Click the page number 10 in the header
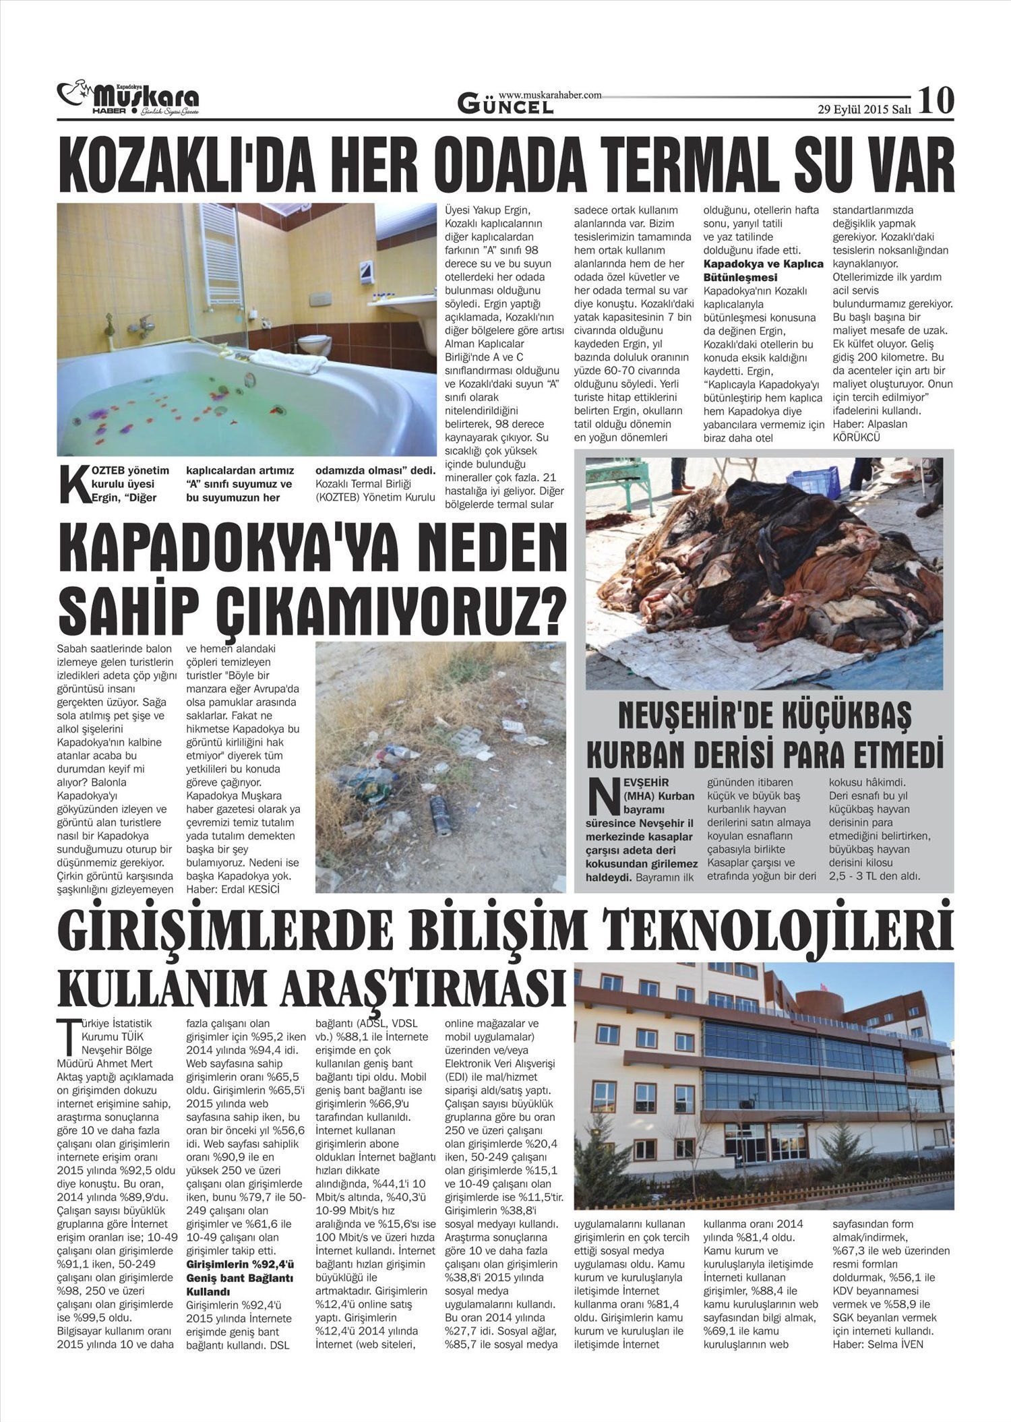click(936, 100)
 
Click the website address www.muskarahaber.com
click(550, 95)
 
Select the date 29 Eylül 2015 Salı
click(864, 109)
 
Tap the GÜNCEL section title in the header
click(506, 105)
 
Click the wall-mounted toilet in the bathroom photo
click(315, 344)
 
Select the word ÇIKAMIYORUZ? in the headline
click(391, 605)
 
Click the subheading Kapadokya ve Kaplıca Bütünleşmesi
click(763, 270)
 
